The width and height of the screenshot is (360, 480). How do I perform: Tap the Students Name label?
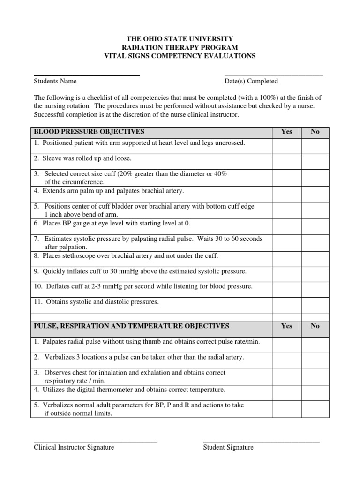[x=55, y=81]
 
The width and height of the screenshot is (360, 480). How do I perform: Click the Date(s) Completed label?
[x=251, y=81]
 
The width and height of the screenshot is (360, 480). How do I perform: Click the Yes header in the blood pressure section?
[x=286, y=132]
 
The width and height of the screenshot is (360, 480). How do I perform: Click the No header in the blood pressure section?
[x=315, y=132]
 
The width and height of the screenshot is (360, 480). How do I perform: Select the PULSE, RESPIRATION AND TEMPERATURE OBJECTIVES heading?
[x=131, y=326]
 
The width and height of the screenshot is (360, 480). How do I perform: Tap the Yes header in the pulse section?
[x=286, y=326]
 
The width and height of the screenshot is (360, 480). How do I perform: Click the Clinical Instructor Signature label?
[x=74, y=447]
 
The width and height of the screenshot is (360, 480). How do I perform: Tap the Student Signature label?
[x=228, y=447]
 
